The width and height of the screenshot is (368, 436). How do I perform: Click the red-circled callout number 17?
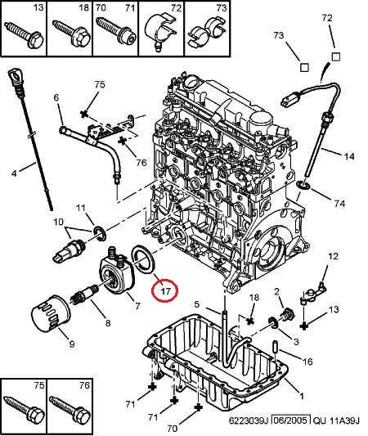tap(165, 291)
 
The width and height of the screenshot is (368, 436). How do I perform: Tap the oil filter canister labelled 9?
tap(51, 313)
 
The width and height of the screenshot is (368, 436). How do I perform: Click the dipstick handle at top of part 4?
tap(14, 77)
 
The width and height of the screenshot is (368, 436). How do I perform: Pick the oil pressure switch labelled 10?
tap(69, 249)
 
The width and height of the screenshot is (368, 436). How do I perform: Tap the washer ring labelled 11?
tap(99, 233)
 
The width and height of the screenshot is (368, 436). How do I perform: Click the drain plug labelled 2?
tap(286, 315)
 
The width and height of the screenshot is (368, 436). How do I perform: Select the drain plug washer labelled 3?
tap(273, 322)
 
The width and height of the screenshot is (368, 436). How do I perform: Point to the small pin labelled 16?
tap(275, 346)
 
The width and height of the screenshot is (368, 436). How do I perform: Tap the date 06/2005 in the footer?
tap(291, 420)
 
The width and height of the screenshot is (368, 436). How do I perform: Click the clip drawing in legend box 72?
tap(159, 31)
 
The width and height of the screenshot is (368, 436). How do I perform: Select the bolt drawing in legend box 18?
tap(72, 33)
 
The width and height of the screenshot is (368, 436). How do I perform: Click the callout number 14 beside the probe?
tap(349, 156)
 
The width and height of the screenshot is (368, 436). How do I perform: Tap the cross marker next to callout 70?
tap(198, 408)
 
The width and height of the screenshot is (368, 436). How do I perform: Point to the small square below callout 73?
tap(304, 68)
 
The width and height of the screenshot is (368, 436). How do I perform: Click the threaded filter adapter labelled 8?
tap(86, 295)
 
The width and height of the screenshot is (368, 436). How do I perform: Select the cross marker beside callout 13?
tap(304, 326)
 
